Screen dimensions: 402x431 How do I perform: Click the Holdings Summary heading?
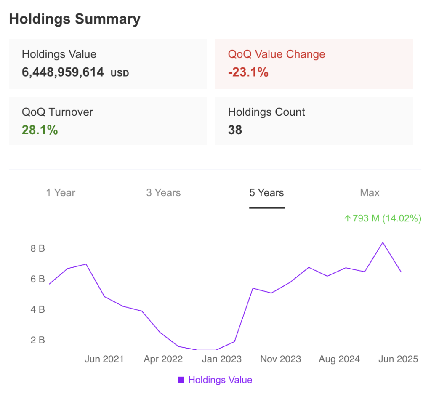coord(75,19)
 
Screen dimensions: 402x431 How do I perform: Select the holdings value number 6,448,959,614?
coord(63,72)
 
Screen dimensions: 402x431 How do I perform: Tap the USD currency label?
coord(120,73)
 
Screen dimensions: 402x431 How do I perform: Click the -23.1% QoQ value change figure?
coord(248,72)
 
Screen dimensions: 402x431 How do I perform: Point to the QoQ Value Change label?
coord(277,54)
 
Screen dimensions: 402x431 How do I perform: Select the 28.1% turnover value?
coord(40,130)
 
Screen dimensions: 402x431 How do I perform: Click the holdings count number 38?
coord(235,130)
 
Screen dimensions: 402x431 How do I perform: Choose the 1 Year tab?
coord(61,193)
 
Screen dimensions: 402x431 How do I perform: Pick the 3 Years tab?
coord(163,193)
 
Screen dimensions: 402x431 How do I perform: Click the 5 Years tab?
coord(266,193)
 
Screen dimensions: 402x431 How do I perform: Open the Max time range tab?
coord(370,193)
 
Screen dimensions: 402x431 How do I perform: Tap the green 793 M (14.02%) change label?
coord(383,218)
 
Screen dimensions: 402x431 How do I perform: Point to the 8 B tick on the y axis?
coord(37,248)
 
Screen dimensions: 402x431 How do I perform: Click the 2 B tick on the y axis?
coord(37,340)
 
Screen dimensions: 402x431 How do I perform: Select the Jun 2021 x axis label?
coord(104,359)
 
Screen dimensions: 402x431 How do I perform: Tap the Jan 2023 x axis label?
coord(222,359)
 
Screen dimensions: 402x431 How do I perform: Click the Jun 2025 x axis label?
coord(398,359)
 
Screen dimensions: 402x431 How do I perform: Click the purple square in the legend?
coord(181,380)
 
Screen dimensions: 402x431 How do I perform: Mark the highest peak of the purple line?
coord(383,242)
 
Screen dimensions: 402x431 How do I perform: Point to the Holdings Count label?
coord(266,112)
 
